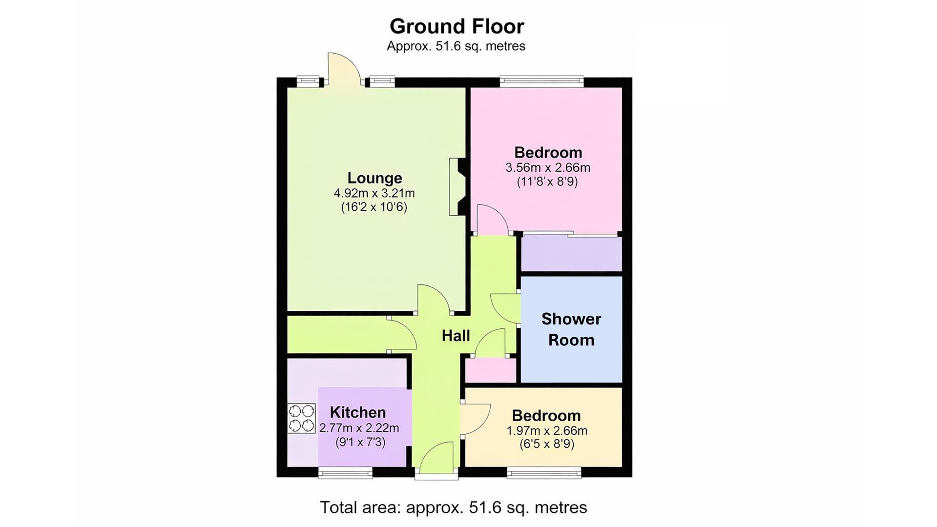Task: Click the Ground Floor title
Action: click(457, 26)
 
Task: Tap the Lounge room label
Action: click(375, 178)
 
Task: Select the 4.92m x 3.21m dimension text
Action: click(374, 193)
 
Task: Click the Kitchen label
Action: click(358, 412)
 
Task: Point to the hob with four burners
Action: click(301, 418)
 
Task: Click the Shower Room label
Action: click(571, 329)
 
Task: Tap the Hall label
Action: click(456, 336)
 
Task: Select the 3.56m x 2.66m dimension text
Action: click(548, 168)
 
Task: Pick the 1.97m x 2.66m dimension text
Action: click(547, 431)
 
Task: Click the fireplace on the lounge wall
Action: click(458, 186)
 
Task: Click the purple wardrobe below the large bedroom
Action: click(571, 254)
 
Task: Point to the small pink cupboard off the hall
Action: click(490, 370)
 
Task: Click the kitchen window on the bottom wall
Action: click(345, 472)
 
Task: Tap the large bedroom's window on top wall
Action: click(542, 81)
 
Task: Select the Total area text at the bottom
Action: click(453, 507)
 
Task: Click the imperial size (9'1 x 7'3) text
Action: click(360, 443)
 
